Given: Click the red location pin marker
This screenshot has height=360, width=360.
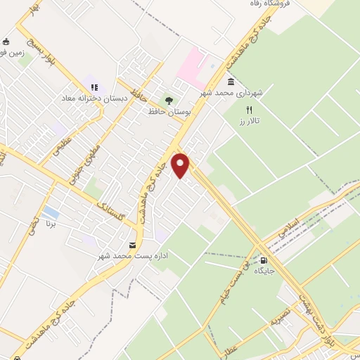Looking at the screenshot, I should point(181,165).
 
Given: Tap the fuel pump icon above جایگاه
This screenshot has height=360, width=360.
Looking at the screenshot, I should point(264,258).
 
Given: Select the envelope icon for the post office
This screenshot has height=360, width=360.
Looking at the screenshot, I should point(133,245).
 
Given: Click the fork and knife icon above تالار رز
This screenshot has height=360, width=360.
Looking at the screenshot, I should point(248,110).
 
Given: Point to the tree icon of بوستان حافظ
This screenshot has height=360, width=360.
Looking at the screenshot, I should point(168,99).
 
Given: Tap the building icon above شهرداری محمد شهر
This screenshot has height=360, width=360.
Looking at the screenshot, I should point(231,81).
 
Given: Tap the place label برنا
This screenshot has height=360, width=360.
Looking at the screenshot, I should point(50,226).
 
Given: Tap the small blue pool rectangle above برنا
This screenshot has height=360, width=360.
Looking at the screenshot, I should point(50,212).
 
